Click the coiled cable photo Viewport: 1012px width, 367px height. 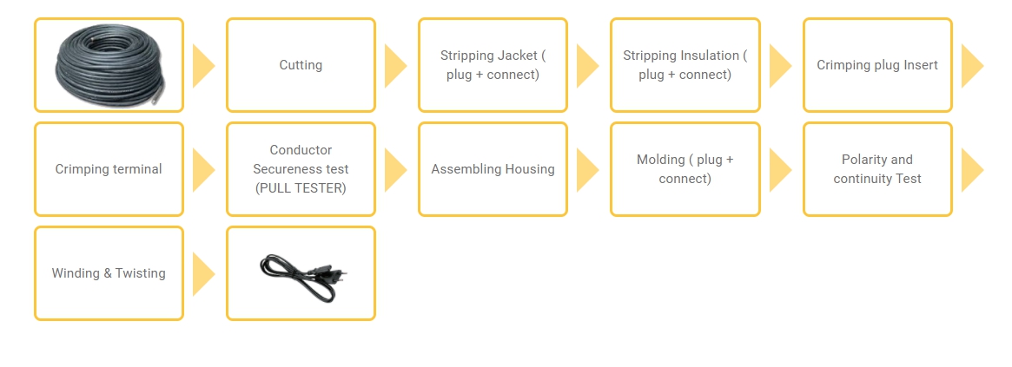click(x=109, y=64)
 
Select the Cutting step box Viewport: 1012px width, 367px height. click(x=301, y=65)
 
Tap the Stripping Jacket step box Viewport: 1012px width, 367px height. click(x=493, y=65)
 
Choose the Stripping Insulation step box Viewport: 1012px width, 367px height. click(x=685, y=65)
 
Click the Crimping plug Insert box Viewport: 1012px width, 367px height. click(x=877, y=65)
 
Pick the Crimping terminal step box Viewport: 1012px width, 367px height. click(x=109, y=169)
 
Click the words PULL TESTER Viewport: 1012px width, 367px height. click(x=301, y=188)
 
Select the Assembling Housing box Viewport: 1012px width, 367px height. click(x=493, y=169)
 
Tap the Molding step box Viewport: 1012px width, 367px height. click(x=685, y=169)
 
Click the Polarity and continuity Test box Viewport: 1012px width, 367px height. click(x=877, y=169)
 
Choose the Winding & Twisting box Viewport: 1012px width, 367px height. click(x=109, y=273)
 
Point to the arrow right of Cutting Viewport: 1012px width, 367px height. click(x=395, y=66)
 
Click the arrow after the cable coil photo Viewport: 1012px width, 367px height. click(x=202, y=66)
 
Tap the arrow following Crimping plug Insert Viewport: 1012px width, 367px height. click(x=972, y=66)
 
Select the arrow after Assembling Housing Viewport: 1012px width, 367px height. click(x=587, y=170)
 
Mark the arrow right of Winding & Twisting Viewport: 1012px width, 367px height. click(x=202, y=274)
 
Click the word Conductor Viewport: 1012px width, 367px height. click(x=301, y=150)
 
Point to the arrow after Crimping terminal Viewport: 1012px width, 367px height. click(x=202, y=170)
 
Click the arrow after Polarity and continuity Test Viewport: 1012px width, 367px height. click(x=972, y=170)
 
